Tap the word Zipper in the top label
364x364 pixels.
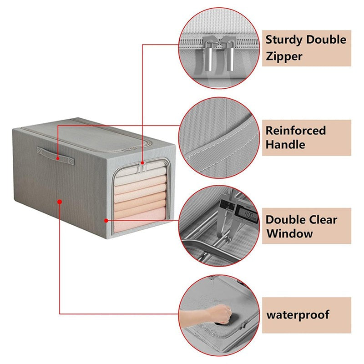point(284,56)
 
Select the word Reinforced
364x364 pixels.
point(295,131)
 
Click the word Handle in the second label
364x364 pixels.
point(285,145)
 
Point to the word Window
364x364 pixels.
point(289,233)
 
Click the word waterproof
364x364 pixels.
point(298,315)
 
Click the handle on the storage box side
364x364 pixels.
point(56,156)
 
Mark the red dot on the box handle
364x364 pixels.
point(58,159)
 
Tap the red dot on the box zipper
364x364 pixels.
point(142,163)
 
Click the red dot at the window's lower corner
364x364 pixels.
point(106,221)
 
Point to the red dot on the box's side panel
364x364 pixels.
point(60,202)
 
